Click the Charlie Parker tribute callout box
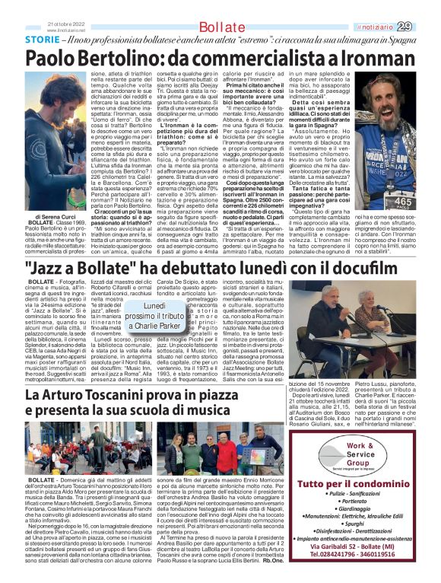tap(155, 316)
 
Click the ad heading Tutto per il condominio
tap(360, 485)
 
